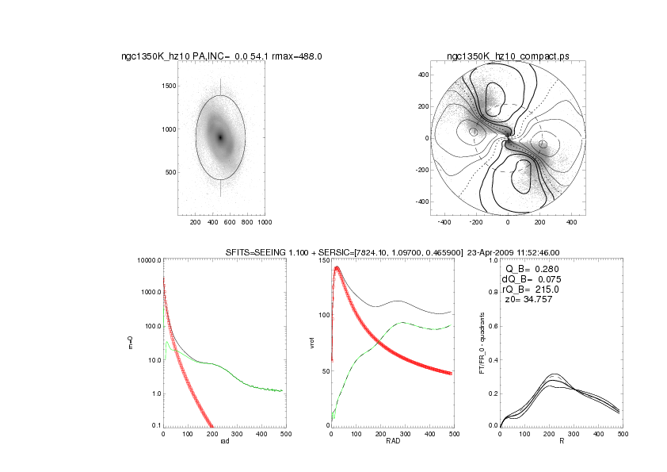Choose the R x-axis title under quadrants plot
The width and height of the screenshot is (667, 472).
(x=561, y=441)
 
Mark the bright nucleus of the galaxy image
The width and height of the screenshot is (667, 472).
(x=221, y=137)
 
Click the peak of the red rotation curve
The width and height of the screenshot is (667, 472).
(x=337, y=268)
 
